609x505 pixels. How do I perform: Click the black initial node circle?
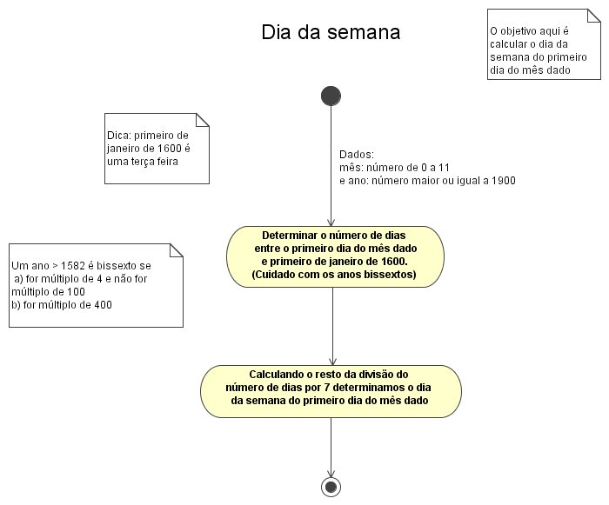(331, 96)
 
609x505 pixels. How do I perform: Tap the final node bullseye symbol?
(331, 487)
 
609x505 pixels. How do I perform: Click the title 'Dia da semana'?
(331, 32)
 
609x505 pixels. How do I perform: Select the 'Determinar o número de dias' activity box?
(335, 256)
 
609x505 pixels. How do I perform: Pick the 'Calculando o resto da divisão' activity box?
(331, 391)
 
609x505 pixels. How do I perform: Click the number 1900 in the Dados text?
(504, 181)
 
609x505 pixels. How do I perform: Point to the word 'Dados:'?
(357, 155)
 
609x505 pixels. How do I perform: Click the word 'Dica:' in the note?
(119, 136)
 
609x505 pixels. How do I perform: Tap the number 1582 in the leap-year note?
(73, 266)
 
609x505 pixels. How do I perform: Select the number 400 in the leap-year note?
(103, 305)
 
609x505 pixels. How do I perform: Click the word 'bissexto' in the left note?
(117, 266)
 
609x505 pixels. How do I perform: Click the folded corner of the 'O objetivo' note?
(594, 16)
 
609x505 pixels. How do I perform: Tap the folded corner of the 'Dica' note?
(203, 120)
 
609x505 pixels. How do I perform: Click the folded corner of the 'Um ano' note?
(177, 250)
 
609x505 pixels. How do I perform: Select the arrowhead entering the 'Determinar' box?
(331, 223)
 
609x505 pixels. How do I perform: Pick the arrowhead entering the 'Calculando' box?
(332, 362)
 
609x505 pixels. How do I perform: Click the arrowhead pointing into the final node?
(331, 474)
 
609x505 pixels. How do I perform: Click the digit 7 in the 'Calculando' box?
(326, 388)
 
